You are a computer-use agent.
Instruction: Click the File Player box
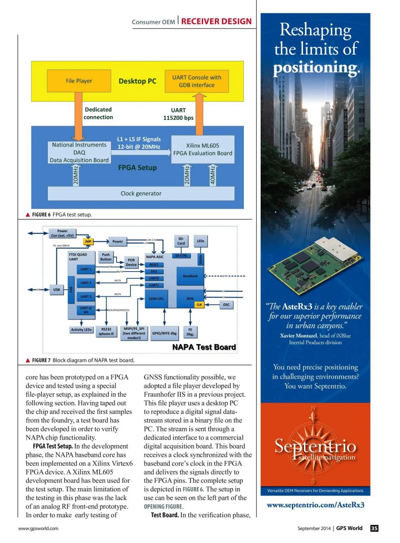tap(79, 81)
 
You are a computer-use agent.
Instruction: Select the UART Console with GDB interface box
tap(197, 81)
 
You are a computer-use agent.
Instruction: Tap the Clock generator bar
tap(141, 193)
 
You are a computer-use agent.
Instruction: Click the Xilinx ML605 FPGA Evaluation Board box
tap(203, 149)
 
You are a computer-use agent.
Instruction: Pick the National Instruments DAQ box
tap(79, 152)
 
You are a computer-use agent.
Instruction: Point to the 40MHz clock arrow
tap(212, 176)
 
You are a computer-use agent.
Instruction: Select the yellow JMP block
tap(88, 241)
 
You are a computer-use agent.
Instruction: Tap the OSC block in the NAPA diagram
tap(226, 305)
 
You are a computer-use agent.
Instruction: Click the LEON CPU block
tap(156, 299)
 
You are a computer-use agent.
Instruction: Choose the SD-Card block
tap(181, 241)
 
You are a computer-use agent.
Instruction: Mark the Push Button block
tap(106, 257)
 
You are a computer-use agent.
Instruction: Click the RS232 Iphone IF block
tap(106, 331)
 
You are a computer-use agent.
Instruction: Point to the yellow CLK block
tap(199, 305)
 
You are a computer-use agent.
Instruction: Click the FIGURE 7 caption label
tap(41, 360)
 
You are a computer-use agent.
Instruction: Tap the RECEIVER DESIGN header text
tap(216, 21)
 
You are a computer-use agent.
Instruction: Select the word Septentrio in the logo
tap(315, 446)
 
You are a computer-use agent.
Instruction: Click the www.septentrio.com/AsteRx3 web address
tap(315, 505)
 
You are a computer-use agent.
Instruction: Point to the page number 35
tap(374, 528)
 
